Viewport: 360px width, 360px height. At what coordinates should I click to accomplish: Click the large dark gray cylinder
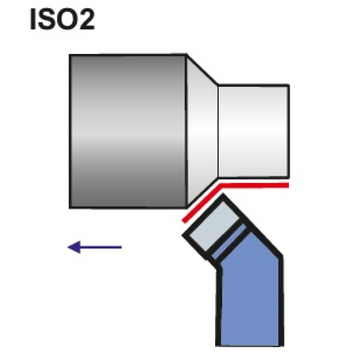point(128,131)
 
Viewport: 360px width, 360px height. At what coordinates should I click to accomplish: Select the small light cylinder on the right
point(253,131)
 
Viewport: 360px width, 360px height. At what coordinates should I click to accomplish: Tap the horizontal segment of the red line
point(255,184)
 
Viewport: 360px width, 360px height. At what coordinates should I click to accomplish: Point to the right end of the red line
point(288,184)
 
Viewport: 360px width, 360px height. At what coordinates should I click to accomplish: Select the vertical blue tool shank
point(251,303)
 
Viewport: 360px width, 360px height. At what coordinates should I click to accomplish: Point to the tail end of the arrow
point(121,247)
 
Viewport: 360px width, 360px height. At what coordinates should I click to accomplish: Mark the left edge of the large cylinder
point(70,131)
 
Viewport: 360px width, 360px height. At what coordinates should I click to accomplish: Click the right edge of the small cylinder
point(288,131)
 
